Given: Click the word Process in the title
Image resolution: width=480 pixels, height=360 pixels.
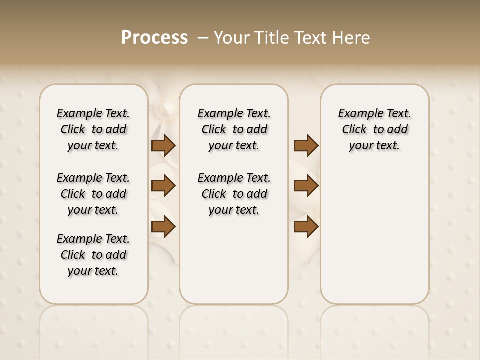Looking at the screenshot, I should point(154,38).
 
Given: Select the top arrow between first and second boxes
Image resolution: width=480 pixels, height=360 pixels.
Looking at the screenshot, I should point(163,146).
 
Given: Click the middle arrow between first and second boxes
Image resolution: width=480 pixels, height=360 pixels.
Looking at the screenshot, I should point(163,186).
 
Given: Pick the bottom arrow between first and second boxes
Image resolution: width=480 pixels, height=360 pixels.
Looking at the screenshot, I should point(163,227).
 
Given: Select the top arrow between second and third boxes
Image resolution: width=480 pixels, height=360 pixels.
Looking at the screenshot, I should point(306,146).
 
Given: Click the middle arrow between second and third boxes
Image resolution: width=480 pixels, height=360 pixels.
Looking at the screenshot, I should point(306,186).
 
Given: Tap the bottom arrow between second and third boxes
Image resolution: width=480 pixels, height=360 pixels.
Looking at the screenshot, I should point(306,227).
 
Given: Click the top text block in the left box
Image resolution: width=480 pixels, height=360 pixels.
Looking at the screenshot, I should point(93,129).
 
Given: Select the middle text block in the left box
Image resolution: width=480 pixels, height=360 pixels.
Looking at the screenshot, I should point(93,194).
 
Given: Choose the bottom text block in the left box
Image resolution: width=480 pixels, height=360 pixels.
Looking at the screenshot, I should point(93,255).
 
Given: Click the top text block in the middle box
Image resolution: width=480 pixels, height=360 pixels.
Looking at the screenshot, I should point(234,129).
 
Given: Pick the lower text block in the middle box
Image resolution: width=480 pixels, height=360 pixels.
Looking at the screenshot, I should point(234,194).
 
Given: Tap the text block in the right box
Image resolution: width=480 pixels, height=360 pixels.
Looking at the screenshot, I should point(375,129).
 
